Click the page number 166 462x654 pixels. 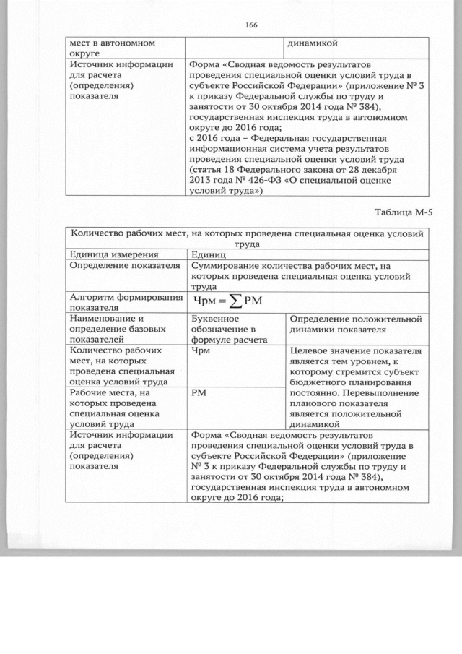pos(250,25)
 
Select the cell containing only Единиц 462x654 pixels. pos(209,254)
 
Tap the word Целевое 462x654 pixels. pos(306,349)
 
